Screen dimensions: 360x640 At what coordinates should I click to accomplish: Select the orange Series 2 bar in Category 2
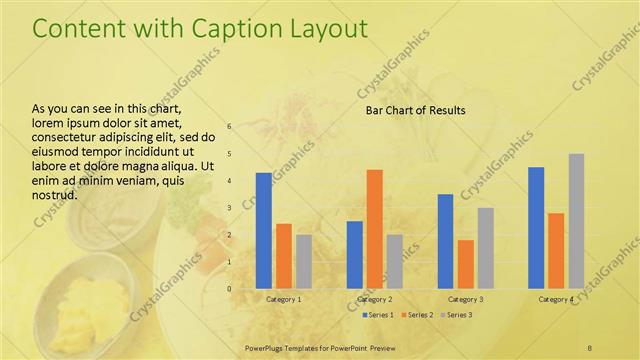tap(374, 229)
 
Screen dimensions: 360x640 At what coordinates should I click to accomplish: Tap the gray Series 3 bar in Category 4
tap(576, 221)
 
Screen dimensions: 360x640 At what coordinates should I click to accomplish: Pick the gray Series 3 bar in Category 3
tap(485, 248)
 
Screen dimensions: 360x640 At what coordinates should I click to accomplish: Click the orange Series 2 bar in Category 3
tap(465, 264)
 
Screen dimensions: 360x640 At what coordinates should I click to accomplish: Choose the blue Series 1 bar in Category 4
tap(536, 228)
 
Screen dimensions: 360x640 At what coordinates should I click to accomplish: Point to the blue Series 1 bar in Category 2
tap(354, 254)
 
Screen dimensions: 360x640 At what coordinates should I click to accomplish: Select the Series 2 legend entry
tap(417, 315)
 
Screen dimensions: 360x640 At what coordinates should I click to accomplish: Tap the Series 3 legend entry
tap(456, 315)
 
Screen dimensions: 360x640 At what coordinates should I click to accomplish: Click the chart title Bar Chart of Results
tap(415, 110)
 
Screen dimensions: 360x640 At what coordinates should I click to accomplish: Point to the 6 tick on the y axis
tap(229, 127)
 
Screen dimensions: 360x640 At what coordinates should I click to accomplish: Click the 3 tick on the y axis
tap(229, 208)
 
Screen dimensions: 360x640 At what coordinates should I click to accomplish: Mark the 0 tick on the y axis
tap(229, 289)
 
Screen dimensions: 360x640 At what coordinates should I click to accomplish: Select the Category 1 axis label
tap(283, 299)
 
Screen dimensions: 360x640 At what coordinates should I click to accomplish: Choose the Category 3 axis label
tap(465, 299)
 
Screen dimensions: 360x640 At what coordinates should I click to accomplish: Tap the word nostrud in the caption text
tap(55, 194)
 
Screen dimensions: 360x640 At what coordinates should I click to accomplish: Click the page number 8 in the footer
tap(589, 346)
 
